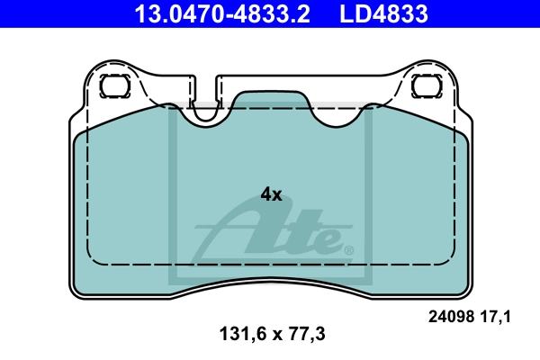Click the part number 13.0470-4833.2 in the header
(x=222, y=13)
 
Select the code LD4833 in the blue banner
(x=383, y=13)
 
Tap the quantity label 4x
(x=271, y=194)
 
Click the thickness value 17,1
(x=495, y=317)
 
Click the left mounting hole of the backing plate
(x=115, y=85)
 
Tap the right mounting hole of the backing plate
(x=427, y=85)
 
